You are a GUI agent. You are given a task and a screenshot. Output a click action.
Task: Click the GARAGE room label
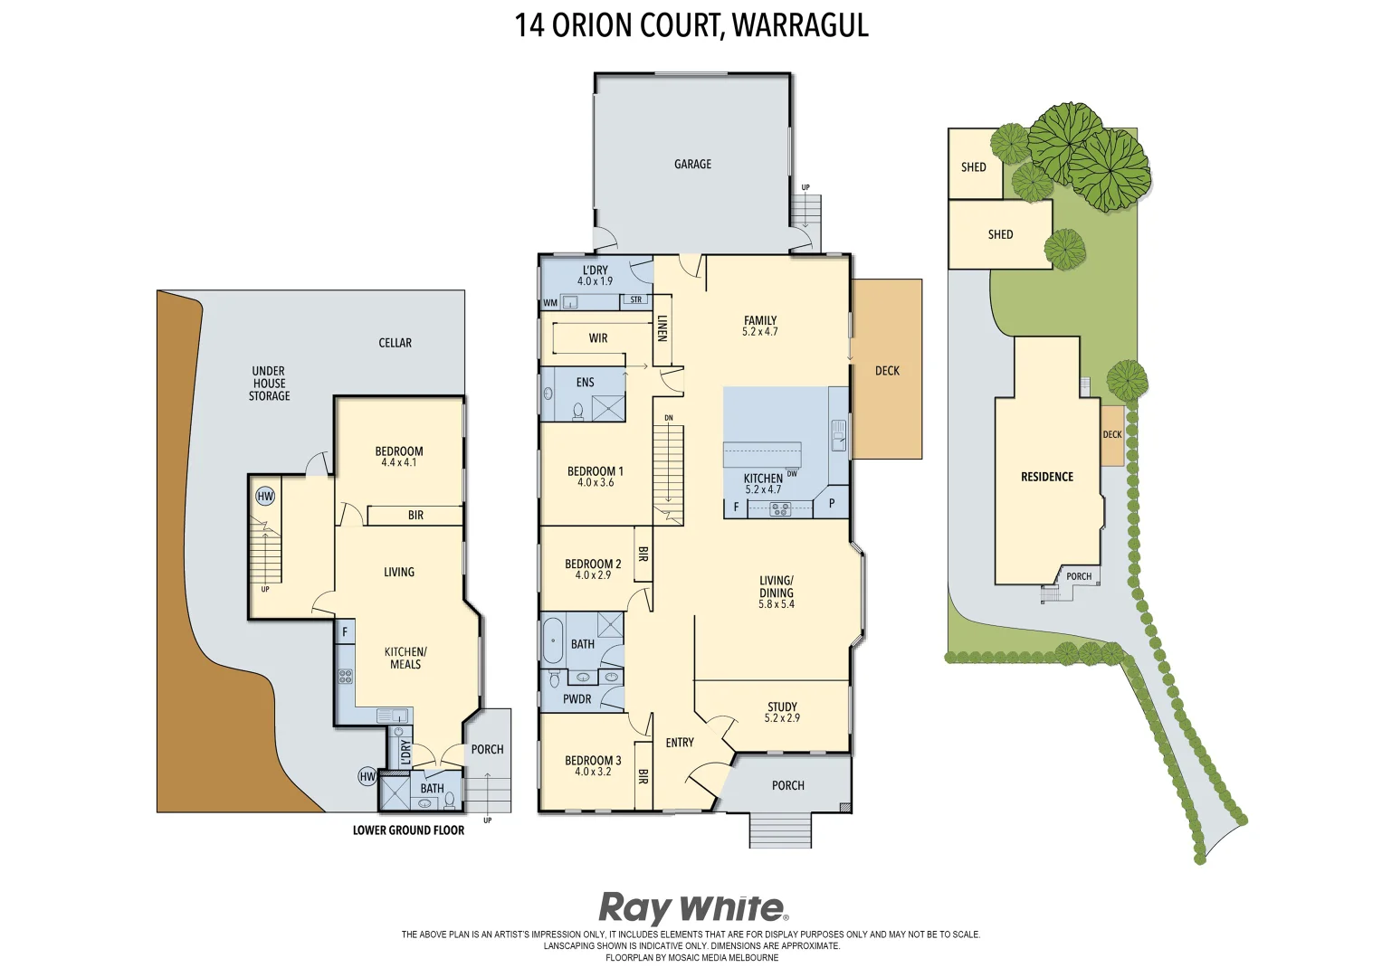[692, 164]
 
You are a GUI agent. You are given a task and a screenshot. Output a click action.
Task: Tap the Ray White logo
[692, 907]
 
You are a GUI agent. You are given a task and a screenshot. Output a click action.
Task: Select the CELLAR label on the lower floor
[395, 343]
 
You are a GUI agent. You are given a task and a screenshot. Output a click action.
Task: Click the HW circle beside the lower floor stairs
[265, 497]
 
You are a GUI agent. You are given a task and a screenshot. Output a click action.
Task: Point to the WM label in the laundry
[550, 303]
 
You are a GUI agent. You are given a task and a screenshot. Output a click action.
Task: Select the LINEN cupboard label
[662, 327]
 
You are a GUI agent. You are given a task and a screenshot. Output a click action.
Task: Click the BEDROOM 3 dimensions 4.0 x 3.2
[593, 772]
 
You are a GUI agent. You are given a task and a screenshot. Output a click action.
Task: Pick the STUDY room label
[782, 707]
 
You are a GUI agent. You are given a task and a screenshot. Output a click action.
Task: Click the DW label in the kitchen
[792, 473]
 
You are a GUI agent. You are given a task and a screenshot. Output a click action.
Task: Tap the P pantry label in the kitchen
[832, 504]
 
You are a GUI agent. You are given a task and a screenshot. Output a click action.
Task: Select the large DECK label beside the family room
[887, 370]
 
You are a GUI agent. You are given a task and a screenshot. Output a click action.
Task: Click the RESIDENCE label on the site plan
[1047, 477]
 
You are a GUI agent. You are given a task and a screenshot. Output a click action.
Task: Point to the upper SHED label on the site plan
[974, 166]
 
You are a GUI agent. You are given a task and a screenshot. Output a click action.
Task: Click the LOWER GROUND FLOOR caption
[408, 830]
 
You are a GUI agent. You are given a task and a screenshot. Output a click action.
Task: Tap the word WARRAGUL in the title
[800, 25]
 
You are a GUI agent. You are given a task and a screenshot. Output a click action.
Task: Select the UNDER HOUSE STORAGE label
[269, 384]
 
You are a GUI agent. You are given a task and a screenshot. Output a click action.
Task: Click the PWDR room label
[577, 698]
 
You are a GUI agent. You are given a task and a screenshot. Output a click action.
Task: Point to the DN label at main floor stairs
[669, 418]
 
